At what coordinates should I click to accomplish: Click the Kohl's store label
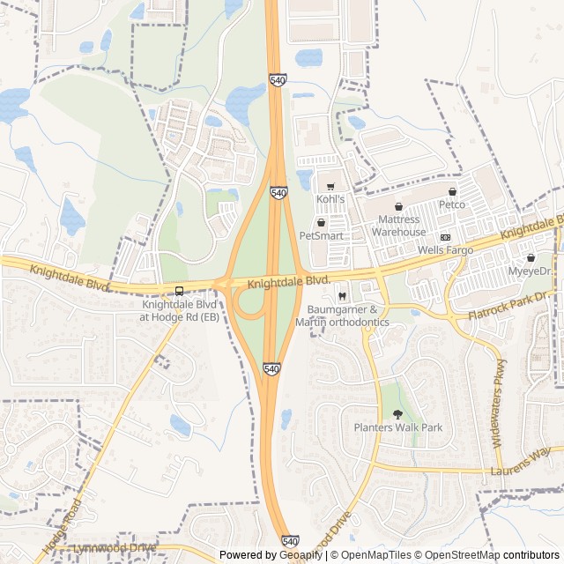pyautogui.click(x=330, y=200)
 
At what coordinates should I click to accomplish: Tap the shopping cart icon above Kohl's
pyautogui.click(x=330, y=187)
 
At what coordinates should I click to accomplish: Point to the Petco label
pyautogui.click(x=452, y=204)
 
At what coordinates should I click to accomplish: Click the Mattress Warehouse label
pyautogui.click(x=398, y=226)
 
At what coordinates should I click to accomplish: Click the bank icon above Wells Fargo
pyautogui.click(x=445, y=238)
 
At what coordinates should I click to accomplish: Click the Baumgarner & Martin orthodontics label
pyautogui.click(x=348, y=315)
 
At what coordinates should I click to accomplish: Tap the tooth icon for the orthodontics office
pyautogui.click(x=343, y=295)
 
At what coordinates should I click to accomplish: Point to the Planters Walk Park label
pyautogui.click(x=397, y=427)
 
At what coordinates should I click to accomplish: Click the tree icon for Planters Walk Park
pyautogui.click(x=397, y=414)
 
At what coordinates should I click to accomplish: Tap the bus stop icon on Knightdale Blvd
pyautogui.click(x=180, y=291)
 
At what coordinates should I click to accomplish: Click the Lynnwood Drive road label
pyautogui.click(x=115, y=547)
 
